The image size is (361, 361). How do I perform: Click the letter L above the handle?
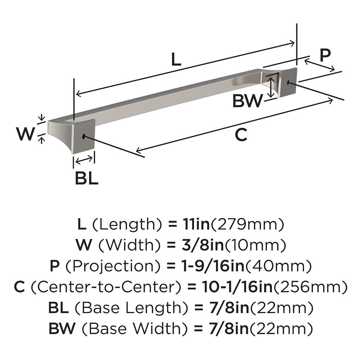[x=176, y=60]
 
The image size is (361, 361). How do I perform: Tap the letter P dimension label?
[x=325, y=55]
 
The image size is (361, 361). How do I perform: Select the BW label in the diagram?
[x=248, y=102]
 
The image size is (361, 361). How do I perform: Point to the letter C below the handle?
[x=241, y=135]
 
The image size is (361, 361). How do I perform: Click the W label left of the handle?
[x=26, y=134]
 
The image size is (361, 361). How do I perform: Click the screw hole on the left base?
[x=84, y=136]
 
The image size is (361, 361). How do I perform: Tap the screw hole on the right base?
[x=289, y=83]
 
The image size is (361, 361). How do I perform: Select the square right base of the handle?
[x=288, y=82]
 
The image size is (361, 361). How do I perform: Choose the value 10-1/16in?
[x=237, y=287]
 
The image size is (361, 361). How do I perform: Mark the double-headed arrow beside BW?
[x=271, y=87]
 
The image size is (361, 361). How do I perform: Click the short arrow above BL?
[x=84, y=160]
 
